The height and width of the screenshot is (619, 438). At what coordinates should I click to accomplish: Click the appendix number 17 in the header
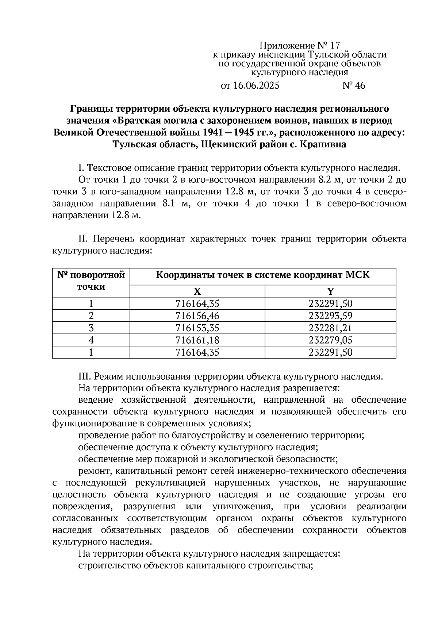335,46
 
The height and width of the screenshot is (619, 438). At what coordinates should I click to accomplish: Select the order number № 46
354,86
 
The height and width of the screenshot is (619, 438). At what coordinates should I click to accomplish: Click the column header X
197,291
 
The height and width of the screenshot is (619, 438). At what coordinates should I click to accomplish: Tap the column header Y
330,291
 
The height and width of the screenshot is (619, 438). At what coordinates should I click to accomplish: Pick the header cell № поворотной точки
91,281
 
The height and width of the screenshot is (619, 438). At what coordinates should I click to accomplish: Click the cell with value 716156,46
197,316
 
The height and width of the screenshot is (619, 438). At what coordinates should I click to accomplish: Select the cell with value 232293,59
330,316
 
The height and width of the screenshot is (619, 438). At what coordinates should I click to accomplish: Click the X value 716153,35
197,328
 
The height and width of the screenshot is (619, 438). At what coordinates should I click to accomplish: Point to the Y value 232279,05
330,340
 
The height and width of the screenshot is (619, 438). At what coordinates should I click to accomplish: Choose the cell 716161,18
197,340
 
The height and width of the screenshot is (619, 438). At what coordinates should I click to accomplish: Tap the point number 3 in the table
91,328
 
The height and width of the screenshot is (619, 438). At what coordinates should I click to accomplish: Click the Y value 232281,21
330,328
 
